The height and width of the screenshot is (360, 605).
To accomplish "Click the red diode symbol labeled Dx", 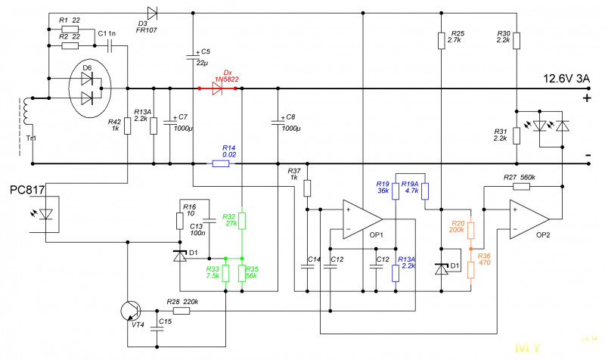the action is click(x=217, y=88).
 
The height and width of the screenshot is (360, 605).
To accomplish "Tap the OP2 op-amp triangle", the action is click(x=529, y=219).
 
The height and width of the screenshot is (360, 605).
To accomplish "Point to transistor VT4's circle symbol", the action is click(x=131, y=311).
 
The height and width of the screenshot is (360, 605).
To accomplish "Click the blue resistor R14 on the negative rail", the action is click(x=221, y=164).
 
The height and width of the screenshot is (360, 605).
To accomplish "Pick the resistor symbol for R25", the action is click(x=442, y=41).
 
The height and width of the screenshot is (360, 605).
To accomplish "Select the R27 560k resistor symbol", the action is click(x=521, y=187).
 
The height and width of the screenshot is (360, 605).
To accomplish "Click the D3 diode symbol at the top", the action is click(x=152, y=13).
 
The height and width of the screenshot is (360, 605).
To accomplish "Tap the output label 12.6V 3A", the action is click(x=566, y=79).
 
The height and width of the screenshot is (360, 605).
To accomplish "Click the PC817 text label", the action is click(x=27, y=190).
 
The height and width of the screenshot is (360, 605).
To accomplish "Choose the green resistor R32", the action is click(x=242, y=221).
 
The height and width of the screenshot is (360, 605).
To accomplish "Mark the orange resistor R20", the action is click(x=470, y=231).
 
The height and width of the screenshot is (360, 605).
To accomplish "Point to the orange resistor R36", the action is click(x=470, y=270).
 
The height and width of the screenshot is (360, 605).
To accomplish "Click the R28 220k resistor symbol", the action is click(x=181, y=311).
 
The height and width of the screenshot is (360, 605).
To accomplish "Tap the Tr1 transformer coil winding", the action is click(x=27, y=111).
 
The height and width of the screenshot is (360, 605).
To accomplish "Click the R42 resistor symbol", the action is click(x=127, y=126).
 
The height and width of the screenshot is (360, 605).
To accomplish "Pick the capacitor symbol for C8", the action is click(x=278, y=123).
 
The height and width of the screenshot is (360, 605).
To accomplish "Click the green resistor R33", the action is click(x=225, y=273).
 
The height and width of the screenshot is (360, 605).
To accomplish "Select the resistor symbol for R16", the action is click(x=180, y=221).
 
